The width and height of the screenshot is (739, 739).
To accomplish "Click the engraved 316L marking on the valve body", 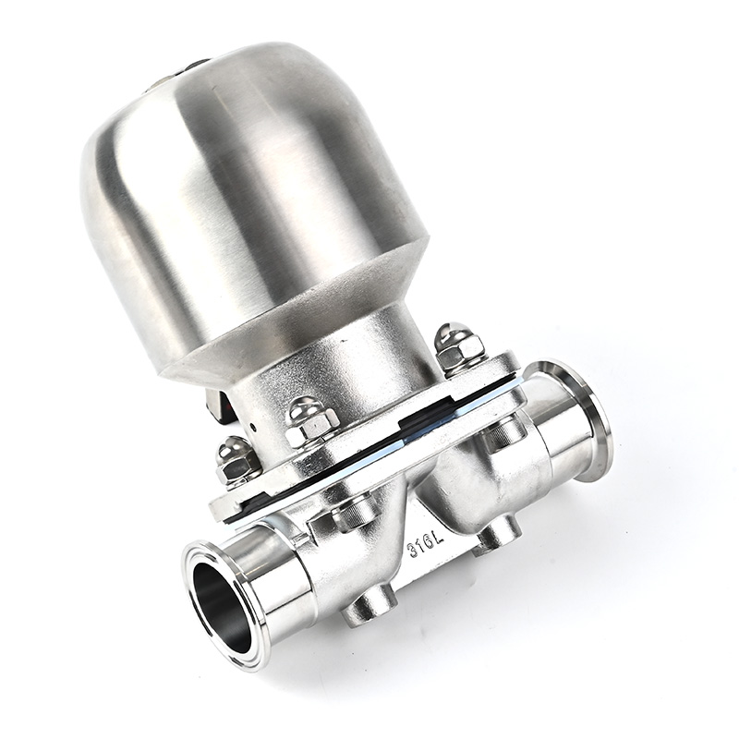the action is coord(425,545).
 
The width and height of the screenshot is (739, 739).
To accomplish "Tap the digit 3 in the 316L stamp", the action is coord(412,551).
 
